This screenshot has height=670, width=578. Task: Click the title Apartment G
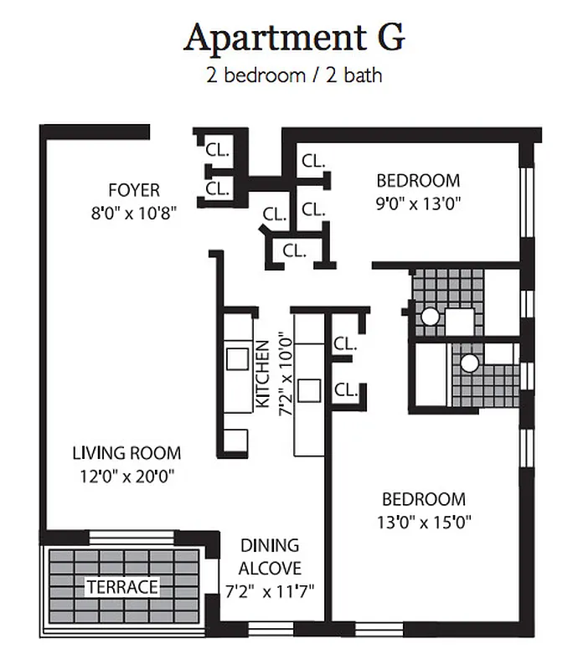tap(294, 38)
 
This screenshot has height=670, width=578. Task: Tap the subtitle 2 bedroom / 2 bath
tap(294, 75)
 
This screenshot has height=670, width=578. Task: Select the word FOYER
tap(134, 189)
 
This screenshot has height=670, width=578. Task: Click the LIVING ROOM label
tap(126, 454)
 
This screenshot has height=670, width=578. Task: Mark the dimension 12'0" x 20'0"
tap(126, 476)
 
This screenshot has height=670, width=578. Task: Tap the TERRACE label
tap(121, 586)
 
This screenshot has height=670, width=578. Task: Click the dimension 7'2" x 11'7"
tap(269, 590)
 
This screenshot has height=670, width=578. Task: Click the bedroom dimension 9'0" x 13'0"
tap(418, 202)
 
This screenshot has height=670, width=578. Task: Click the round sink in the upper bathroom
tap(430, 317)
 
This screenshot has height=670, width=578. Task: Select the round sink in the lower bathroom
tap(469, 362)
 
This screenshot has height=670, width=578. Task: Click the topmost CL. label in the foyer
tap(218, 152)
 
